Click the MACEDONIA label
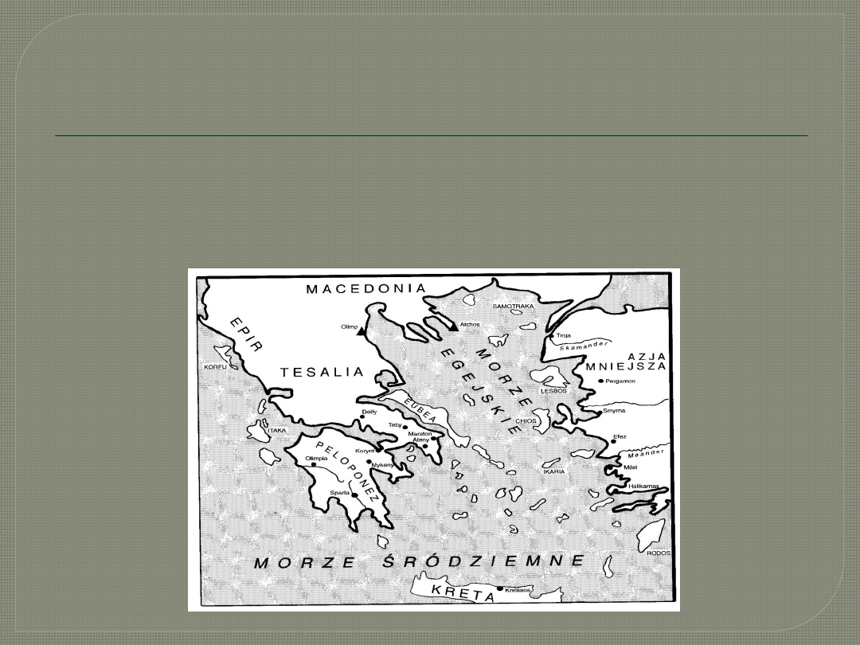tap(366, 288)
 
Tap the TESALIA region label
tap(322, 372)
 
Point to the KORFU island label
tap(215, 367)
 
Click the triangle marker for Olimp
tap(362, 332)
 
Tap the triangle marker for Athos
tap(453, 326)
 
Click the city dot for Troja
tap(551, 337)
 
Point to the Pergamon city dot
tap(600, 381)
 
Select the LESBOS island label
tap(553, 391)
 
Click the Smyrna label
tap(614, 411)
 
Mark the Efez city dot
tap(613, 441)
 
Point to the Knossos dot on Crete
tap(499, 589)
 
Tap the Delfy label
tap(369, 412)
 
